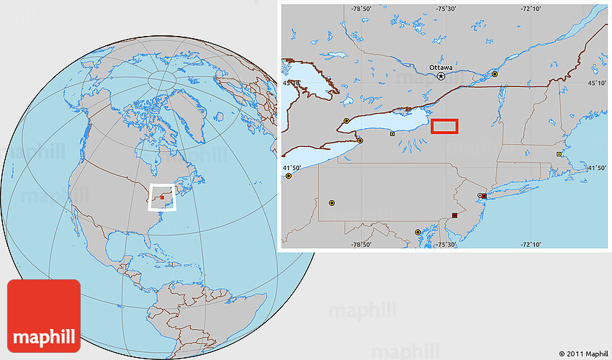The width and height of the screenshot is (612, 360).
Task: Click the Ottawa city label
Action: tap(441, 67)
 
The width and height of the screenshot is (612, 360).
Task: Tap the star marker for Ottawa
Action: tap(441, 75)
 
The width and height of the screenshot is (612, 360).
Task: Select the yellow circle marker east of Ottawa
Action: tap(495, 73)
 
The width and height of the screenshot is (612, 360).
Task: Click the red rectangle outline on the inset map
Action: tap(444, 127)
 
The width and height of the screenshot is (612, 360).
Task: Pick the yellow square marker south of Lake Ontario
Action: tap(392, 134)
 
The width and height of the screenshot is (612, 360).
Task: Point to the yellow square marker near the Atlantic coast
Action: tap(559, 154)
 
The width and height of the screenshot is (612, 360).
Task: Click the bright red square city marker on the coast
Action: tap(484, 196)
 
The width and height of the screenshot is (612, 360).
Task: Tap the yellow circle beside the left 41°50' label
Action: tap(289, 175)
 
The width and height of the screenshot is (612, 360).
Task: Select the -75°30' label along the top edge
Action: tap(446, 9)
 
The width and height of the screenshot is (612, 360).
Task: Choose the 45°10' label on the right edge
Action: tap(597, 84)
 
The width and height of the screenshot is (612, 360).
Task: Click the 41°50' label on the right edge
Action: tap(597, 168)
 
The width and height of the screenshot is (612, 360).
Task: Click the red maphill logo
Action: tap(43, 315)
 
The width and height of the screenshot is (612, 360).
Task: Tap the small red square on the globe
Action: tap(163, 196)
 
